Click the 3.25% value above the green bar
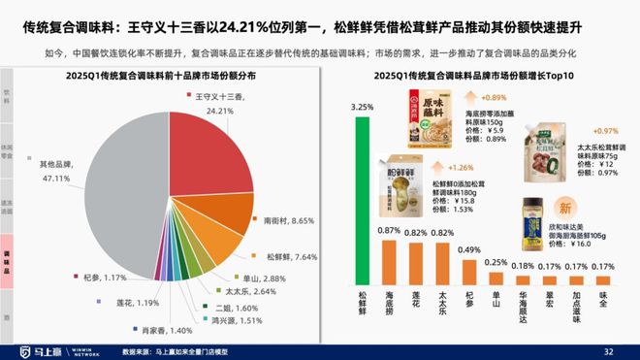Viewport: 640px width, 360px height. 361,106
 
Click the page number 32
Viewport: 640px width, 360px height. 609,350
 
